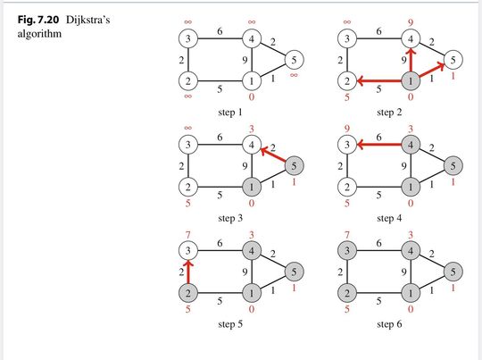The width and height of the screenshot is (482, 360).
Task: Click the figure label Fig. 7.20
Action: point(38,20)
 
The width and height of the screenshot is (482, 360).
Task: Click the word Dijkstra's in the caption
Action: point(87,20)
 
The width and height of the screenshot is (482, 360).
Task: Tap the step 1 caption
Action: point(230,113)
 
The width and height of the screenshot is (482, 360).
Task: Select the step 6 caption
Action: point(389,324)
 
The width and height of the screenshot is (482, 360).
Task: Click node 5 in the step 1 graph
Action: point(295,60)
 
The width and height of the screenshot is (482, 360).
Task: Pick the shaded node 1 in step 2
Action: point(411,81)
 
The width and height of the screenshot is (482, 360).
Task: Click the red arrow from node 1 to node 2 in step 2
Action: point(379,81)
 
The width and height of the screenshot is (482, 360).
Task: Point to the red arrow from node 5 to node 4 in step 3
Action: point(273,155)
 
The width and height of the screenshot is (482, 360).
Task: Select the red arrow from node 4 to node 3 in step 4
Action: point(379,144)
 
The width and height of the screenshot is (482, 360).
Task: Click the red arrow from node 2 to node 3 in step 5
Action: point(188,272)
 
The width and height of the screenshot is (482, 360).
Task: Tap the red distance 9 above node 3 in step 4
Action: point(347,129)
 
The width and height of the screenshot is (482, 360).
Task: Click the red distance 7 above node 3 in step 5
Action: point(188,235)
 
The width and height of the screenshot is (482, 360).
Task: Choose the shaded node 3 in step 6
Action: point(347,251)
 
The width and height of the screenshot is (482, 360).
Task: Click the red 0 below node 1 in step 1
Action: point(252,96)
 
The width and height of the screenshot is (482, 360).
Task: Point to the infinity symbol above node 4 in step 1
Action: point(252,21)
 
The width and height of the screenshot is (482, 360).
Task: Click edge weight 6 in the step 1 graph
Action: point(220,31)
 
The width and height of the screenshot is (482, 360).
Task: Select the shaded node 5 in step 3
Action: point(295,166)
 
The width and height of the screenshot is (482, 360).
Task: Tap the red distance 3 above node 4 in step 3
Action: point(252,129)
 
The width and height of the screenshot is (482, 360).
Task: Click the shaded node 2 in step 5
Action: point(188,293)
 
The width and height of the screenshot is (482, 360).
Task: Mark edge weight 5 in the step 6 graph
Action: point(378,301)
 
